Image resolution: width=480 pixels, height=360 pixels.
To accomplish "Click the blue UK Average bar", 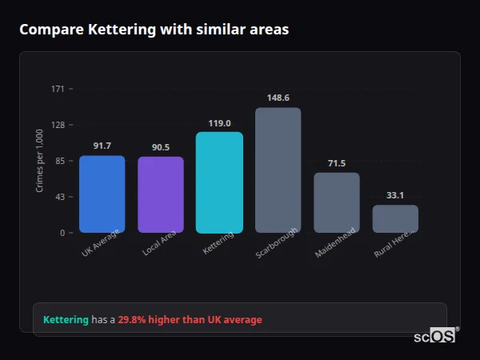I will coord(102,194).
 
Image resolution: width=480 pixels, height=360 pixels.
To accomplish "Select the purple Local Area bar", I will coord(160,194).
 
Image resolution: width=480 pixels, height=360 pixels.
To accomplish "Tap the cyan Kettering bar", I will coord(219,182).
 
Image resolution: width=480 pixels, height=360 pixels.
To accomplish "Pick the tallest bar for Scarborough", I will coord(278,170).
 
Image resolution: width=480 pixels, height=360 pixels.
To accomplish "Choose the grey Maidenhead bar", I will coord(336,202).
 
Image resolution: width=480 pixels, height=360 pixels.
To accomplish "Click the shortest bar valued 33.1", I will coord(395,218).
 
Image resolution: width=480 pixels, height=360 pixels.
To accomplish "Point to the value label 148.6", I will coord(278,98).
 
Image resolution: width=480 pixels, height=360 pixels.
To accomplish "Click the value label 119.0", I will coord(219,123).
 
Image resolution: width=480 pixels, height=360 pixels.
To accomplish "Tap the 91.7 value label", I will coord(102,146).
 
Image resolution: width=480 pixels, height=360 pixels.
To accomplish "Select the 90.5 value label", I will coord(160,147).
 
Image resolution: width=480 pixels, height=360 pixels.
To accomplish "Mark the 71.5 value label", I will coord(336,163).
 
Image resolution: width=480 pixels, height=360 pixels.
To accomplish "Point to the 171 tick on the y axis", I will coord(58,89).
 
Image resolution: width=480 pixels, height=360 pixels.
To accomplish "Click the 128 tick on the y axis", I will coord(58,125).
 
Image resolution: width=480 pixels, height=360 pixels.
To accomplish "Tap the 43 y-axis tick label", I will coord(59,197).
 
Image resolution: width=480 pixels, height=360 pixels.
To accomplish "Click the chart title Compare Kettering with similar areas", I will coord(154,30).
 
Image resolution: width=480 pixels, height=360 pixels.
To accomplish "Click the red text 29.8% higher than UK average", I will coord(190,320).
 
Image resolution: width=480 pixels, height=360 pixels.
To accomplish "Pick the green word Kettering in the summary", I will coord(66,320).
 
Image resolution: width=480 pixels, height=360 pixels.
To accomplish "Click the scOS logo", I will coord(434,337).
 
